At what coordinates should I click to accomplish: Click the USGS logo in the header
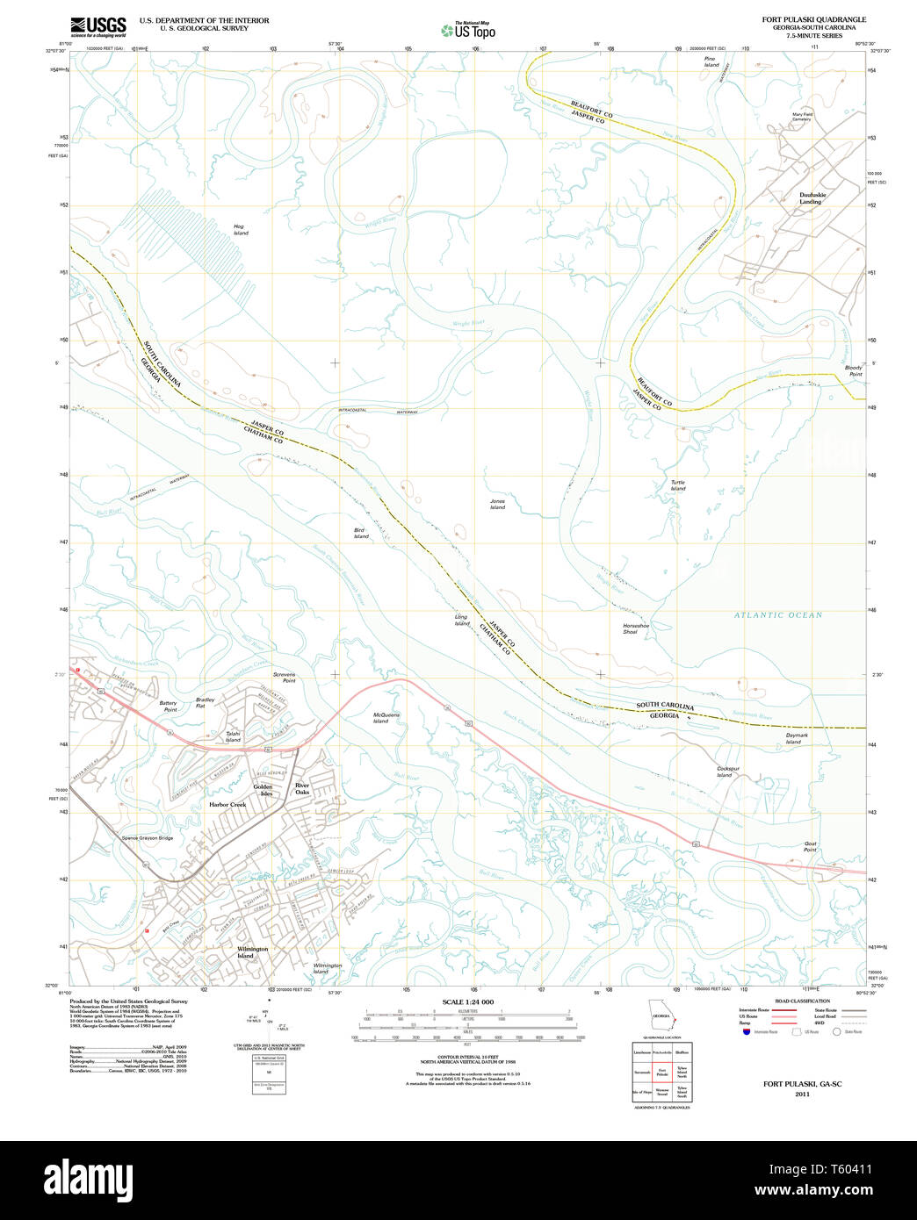pos(98,25)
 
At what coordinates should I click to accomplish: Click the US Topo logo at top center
pos(468,31)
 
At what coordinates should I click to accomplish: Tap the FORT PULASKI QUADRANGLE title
pos(813,19)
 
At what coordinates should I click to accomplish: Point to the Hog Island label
pos(241,230)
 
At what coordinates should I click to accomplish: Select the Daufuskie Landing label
pos(810,198)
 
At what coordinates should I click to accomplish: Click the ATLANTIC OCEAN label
pos(778,615)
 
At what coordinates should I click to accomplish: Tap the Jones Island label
pos(497,504)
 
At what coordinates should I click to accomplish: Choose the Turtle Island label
pos(678,485)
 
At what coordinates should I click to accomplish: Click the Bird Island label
pos(361,534)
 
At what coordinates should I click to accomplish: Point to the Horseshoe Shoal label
pos(635,628)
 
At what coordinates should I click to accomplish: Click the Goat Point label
pos(810,846)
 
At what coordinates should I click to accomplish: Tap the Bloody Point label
pos(854,370)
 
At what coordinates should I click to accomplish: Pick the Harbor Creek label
pos(227,804)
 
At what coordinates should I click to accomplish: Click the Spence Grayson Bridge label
pos(148,838)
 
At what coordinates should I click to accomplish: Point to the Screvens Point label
pos(284,678)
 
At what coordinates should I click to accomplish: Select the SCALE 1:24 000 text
pos(467,1002)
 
